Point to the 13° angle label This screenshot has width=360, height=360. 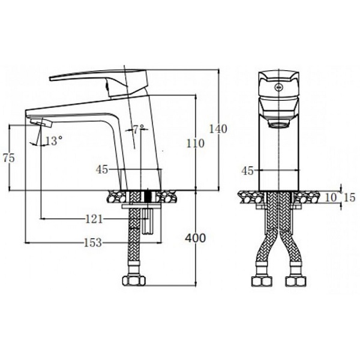pos(53,141)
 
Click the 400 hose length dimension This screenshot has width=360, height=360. pos(196,238)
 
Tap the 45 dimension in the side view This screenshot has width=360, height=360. pos(102,170)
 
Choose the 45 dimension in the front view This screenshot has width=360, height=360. pos(247,170)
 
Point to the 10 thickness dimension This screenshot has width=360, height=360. pos(332,197)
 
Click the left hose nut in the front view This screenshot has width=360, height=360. pos(260,282)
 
